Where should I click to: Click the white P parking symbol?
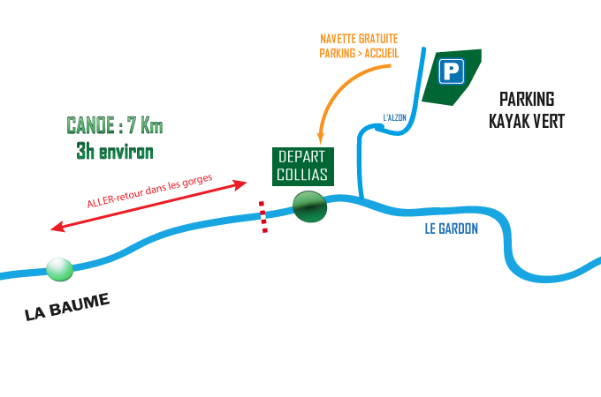pos(452,71)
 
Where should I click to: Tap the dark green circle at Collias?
pos(309,207)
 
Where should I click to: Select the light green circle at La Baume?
pos(59,269)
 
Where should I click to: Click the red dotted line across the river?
pos(262,217)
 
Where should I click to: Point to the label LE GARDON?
pos(451,229)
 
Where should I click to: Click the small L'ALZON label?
pos(394,116)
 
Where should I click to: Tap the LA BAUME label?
pos(67,307)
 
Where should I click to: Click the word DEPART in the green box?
pos(302,156)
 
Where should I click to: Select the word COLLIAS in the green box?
pos(302,174)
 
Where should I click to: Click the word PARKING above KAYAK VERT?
pos(527,99)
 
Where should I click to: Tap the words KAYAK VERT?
pos(527,121)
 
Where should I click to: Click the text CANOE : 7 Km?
pos(115,125)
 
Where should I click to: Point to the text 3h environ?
pos(115,151)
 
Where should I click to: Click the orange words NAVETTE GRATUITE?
pos(359,39)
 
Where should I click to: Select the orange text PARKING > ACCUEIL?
pos(359,53)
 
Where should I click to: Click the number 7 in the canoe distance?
pos(130,125)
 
